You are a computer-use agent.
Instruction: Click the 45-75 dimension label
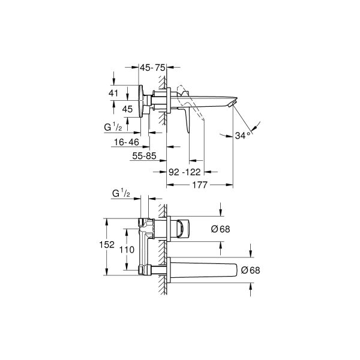click(152, 68)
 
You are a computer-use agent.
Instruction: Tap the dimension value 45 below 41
click(127, 109)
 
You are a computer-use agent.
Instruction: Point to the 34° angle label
click(242, 135)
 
